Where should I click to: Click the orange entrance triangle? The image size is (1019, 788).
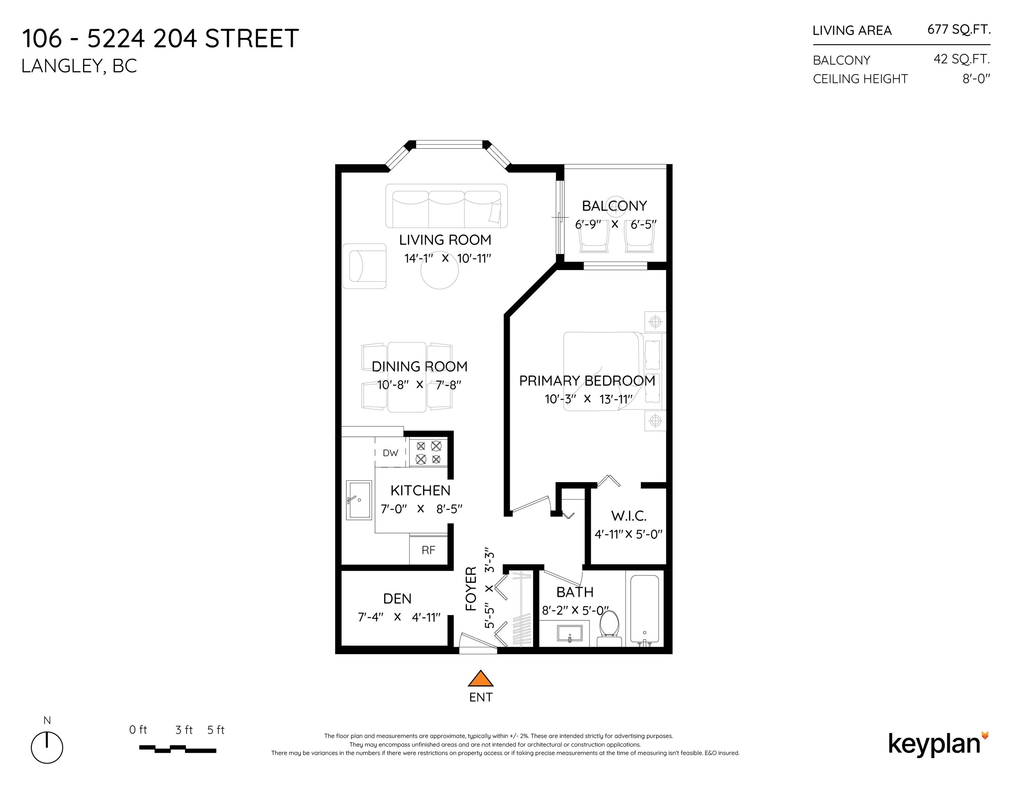[481, 679]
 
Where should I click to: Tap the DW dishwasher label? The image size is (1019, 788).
[390, 453]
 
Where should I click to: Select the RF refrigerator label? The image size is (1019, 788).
[428, 550]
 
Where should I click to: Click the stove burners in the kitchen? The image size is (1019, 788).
[428, 452]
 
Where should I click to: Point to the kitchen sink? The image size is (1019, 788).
[359, 500]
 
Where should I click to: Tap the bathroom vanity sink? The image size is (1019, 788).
[570, 633]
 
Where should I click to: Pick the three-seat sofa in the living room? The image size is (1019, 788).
[446, 206]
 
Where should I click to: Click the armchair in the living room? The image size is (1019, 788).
[364, 266]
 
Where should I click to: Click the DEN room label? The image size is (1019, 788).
[397, 599]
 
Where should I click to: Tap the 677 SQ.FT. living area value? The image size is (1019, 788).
[959, 29]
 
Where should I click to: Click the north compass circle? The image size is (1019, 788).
[47, 748]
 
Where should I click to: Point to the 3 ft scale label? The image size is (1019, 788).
[184, 730]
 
